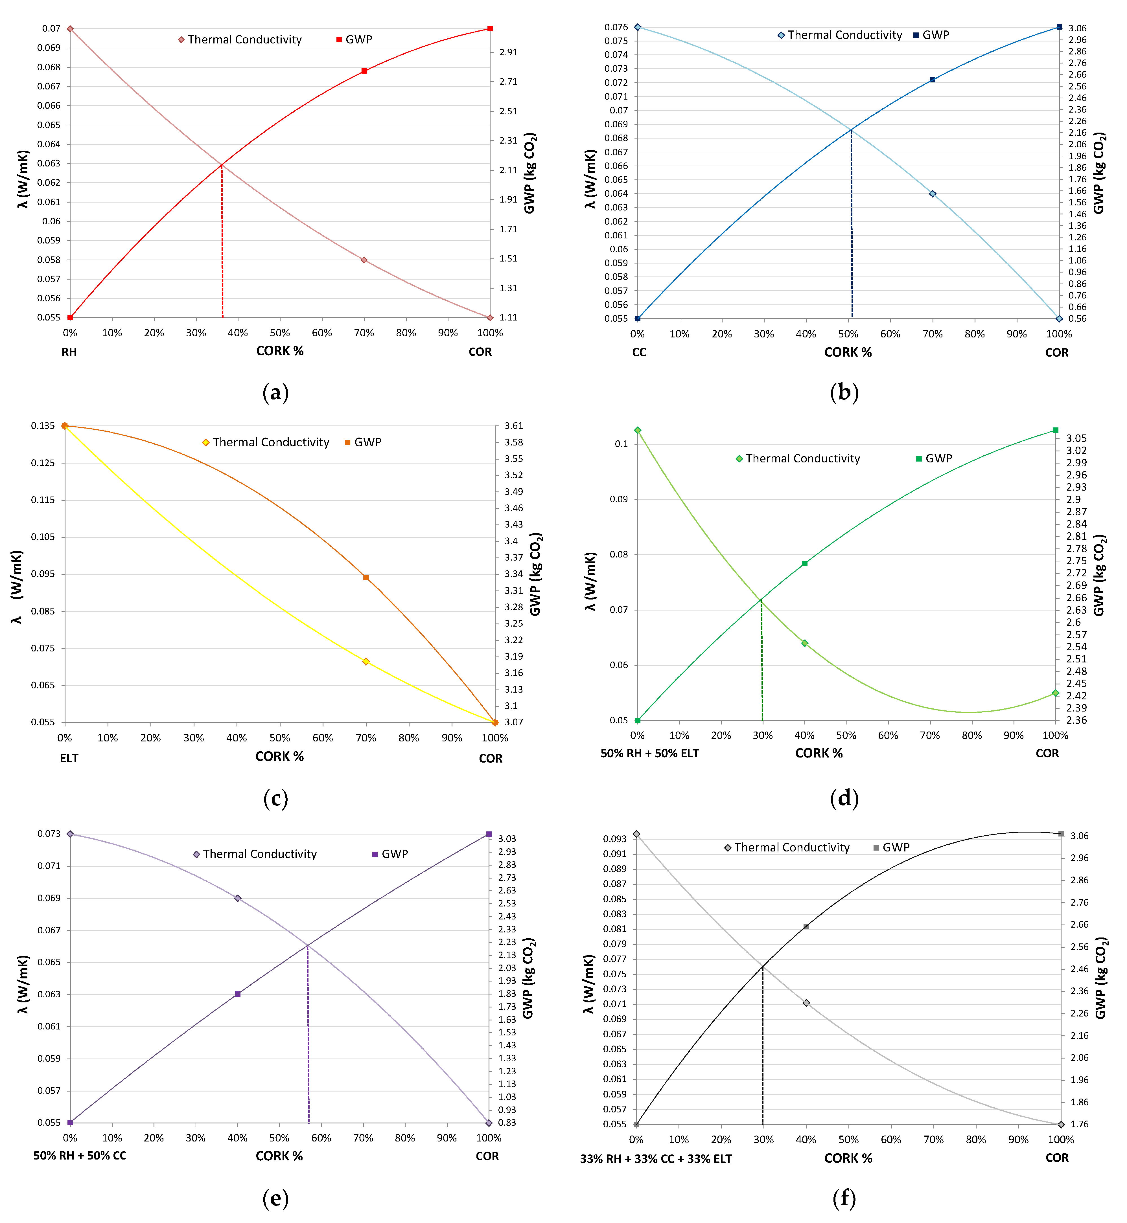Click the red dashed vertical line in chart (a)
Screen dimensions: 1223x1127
[222, 244]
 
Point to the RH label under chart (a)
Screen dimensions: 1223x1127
[69, 352]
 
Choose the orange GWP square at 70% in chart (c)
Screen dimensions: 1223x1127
[366, 577]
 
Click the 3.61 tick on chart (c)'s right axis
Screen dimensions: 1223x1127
[513, 425]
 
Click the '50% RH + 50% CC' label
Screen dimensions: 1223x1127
[80, 1156]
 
